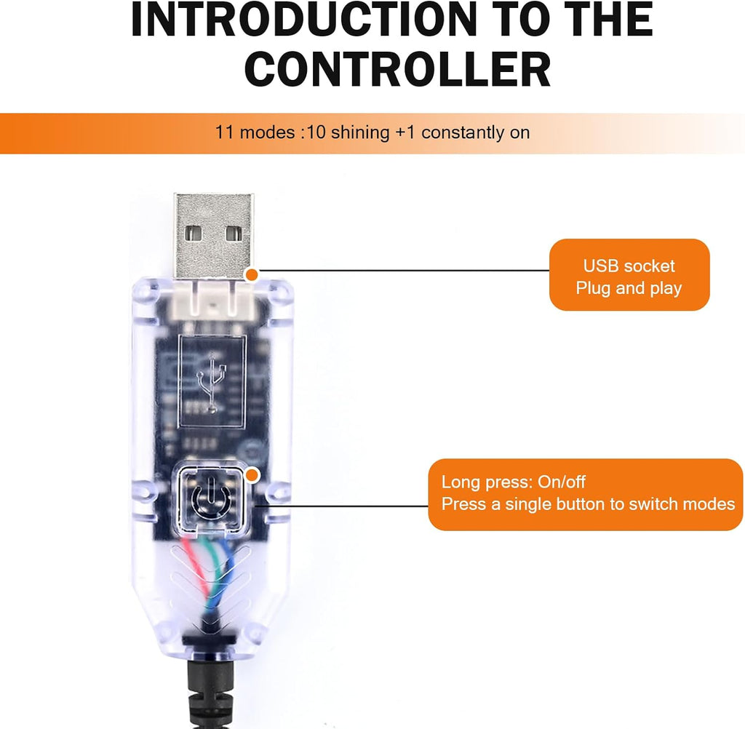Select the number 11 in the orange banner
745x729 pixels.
223,133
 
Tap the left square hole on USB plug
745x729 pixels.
194,234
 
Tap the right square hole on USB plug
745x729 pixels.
233,234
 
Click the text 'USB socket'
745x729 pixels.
629,266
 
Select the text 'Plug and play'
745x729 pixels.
629,288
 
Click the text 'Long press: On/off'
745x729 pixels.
514,482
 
